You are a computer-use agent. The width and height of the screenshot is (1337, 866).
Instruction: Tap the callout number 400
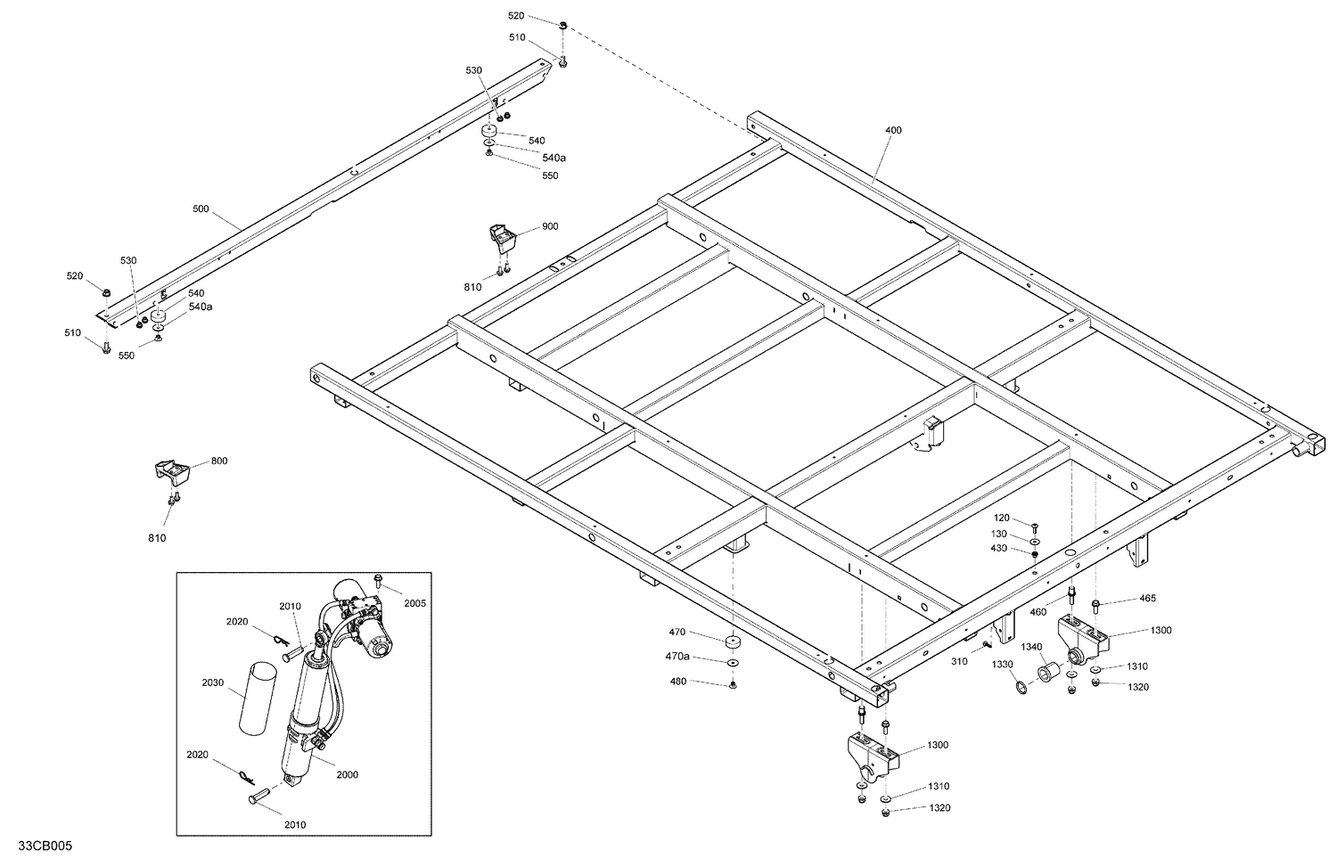click(893, 130)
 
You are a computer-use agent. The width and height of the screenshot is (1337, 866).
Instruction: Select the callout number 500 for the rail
click(201, 209)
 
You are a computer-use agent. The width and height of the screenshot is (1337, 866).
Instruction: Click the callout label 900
click(550, 226)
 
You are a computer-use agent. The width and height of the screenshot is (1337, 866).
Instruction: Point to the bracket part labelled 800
click(170, 471)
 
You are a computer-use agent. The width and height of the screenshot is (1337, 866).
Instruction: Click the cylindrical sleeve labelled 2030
click(254, 698)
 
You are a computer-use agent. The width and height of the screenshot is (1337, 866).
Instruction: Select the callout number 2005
click(414, 603)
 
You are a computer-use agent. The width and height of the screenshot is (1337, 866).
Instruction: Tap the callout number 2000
click(347, 774)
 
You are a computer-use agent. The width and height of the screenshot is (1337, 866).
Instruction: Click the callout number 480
click(678, 682)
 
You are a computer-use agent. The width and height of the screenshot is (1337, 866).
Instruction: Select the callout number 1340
click(1031, 647)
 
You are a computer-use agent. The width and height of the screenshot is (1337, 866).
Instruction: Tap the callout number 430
click(998, 548)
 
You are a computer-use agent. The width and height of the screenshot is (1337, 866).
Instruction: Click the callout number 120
click(1001, 518)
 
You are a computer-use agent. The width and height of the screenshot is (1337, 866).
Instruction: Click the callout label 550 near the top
click(550, 176)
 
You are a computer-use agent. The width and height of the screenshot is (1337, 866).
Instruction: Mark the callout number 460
click(1038, 612)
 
